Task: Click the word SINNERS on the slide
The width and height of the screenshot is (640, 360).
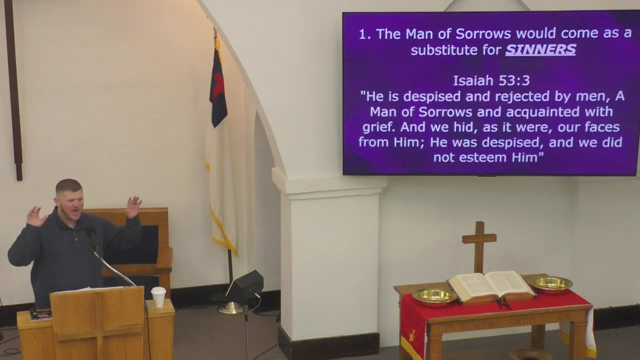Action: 540,49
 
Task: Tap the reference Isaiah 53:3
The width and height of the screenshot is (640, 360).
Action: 490,80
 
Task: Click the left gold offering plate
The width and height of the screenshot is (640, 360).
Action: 433,296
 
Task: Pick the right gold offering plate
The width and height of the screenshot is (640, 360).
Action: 551,284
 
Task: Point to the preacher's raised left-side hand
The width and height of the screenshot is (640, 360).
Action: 35,216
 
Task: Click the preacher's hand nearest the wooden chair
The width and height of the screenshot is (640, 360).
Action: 133,206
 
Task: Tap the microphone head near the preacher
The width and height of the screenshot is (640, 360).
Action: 90,231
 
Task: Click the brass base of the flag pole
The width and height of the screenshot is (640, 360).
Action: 230,307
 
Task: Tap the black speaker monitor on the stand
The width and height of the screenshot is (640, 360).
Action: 245,285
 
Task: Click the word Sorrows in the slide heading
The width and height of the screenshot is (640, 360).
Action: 484,34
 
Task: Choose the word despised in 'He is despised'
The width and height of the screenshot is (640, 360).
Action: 433,95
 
